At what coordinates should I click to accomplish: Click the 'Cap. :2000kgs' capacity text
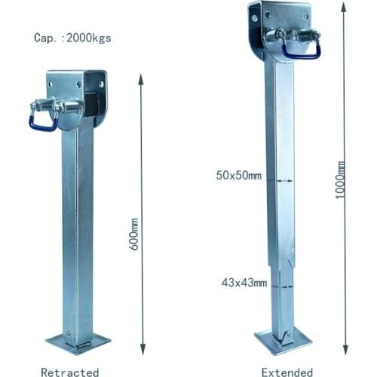(x=72, y=38)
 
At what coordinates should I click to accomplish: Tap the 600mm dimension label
(x=134, y=234)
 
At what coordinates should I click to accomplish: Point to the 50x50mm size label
(x=238, y=176)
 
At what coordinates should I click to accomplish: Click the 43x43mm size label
(x=244, y=283)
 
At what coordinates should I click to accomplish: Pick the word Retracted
(x=69, y=372)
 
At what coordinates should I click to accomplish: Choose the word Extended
(x=287, y=372)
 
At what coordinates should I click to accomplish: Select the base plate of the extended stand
(x=283, y=341)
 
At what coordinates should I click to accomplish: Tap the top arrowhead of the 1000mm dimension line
(x=343, y=6)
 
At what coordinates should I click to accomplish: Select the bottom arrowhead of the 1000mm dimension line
(x=344, y=350)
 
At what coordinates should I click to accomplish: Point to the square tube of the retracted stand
(x=77, y=226)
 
